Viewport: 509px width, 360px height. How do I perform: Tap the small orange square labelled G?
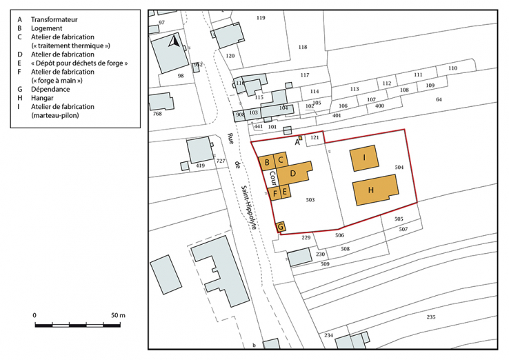point(281,226)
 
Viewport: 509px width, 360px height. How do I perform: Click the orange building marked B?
point(267,163)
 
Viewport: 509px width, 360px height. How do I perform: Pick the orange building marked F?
point(275,193)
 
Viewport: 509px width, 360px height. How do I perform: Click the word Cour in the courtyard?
point(273,177)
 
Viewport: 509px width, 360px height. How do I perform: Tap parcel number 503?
point(310,200)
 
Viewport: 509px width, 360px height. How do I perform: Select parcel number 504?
point(399,168)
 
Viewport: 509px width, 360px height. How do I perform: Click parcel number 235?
point(431,317)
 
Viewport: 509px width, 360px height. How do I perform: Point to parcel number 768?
point(157,114)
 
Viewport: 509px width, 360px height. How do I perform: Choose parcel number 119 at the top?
point(260,17)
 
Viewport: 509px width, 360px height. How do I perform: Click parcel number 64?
point(438,100)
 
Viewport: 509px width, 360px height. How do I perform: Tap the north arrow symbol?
point(175,42)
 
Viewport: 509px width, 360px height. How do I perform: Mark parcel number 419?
point(201,166)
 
